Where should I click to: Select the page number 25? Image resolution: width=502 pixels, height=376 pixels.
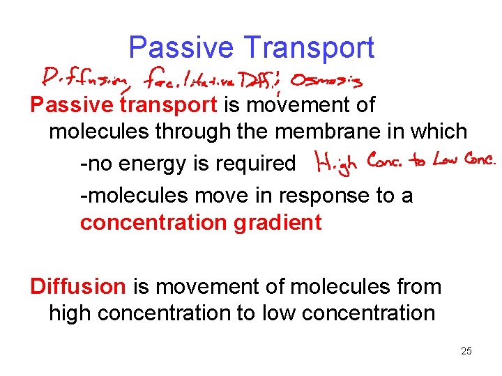466,351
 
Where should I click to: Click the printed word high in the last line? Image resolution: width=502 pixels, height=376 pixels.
70,313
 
